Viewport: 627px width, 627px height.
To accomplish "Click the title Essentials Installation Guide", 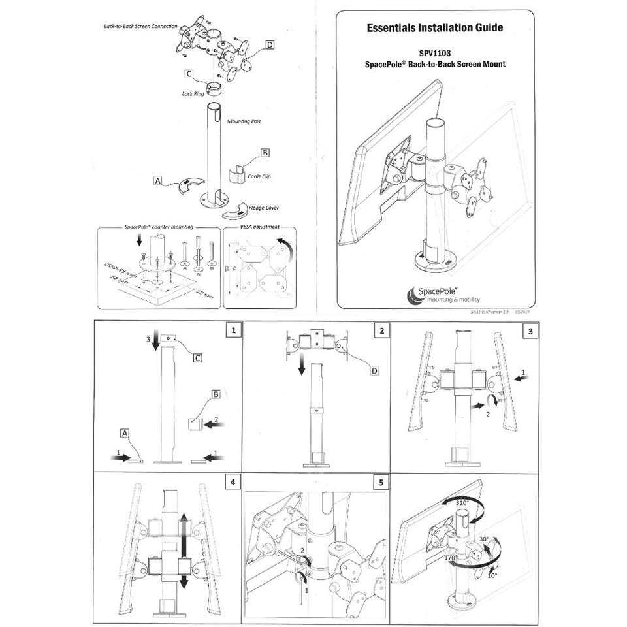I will pyautogui.click(x=435, y=28).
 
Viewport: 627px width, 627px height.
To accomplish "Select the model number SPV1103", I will pyautogui.click(x=436, y=54).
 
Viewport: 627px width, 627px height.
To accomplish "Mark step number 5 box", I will pyautogui.click(x=381, y=482).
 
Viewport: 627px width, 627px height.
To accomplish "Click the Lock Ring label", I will pyautogui.click(x=193, y=93).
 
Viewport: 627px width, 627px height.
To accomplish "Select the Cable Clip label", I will pyautogui.click(x=261, y=176).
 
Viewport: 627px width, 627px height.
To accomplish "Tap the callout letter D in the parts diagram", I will pyautogui.click(x=270, y=44).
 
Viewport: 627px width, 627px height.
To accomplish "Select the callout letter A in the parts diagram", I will pyautogui.click(x=157, y=179).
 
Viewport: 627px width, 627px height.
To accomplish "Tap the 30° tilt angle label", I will pyautogui.click(x=484, y=539).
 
